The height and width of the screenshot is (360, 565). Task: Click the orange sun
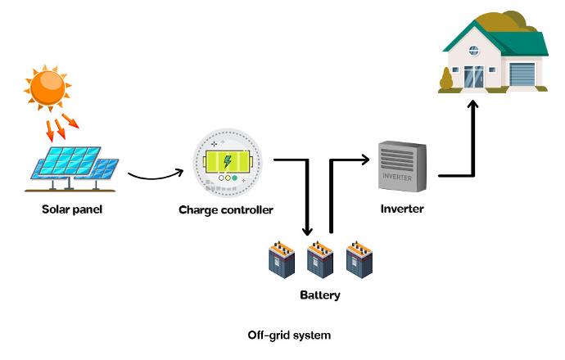click(x=47, y=88)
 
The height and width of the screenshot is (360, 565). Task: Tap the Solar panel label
click(x=72, y=209)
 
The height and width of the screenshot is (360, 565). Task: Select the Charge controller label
click(x=226, y=209)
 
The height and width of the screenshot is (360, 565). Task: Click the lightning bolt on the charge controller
click(x=228, y=161)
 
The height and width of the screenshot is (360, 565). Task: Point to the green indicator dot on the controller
click(x=234, y=178)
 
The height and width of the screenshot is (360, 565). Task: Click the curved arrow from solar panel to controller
click(x=156, y=177)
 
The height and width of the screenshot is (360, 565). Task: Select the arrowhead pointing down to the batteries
click(x=307, y=231)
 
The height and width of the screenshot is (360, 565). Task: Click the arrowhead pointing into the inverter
click(x=365, y=160)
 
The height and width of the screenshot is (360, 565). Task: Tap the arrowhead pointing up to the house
click(x=472, y=105)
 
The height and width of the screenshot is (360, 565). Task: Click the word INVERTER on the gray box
click(x=397, y=177)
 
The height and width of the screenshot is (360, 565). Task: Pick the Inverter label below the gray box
click(x=402, y=209)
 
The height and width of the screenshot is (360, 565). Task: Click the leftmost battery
click(x=282, y=259)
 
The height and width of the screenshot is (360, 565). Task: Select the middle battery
click(x=320, y=259)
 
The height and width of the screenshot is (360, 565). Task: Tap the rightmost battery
click(x=359, y=259)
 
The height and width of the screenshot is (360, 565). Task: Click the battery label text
click(x=320, y=295)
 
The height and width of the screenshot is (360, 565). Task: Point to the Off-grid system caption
click(x=289, y=335)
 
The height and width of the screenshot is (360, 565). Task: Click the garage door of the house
click(x=522, y=74)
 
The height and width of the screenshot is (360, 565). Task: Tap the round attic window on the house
click(x=474, y=51)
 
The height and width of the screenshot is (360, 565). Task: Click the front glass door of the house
click(x=474, y=77)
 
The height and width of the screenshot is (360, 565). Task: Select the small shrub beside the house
click(x=446, y=79)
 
